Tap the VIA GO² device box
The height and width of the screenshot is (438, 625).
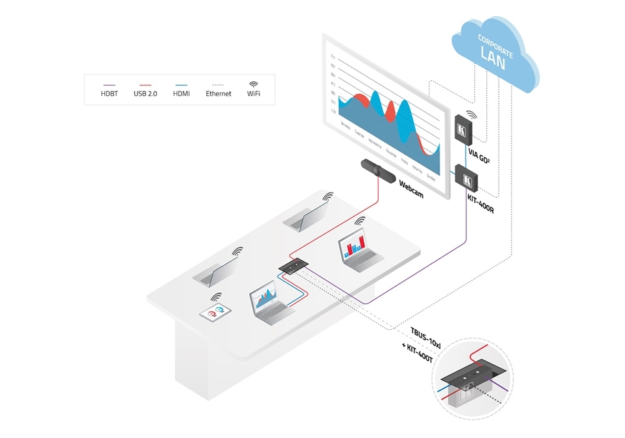click(x=462, y=131)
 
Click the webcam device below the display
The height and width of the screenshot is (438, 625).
click(x=377, y=170)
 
